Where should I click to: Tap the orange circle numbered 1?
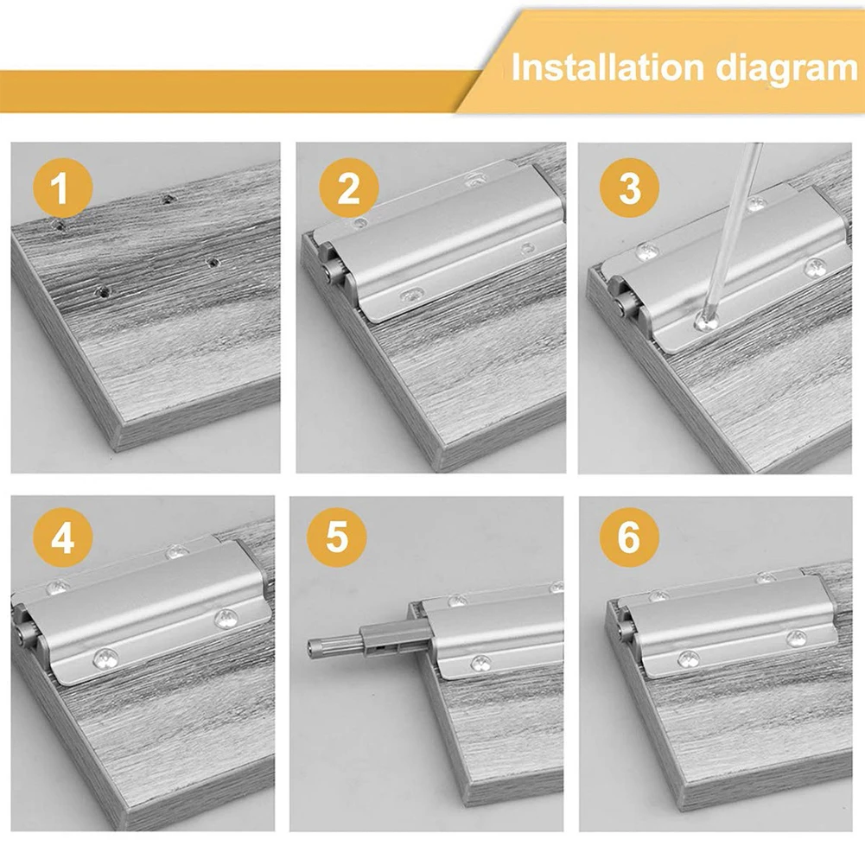pos(60,188)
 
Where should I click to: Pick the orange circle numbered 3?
pos(630,188)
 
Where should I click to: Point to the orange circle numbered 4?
pos(62,539)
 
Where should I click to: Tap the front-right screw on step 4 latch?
pos(226,618)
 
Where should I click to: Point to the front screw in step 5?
pos(480,664)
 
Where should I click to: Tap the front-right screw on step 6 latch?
pos(796,639)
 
